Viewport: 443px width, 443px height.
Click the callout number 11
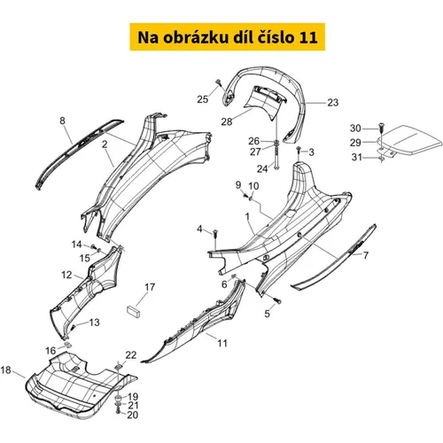(x=222, y=343)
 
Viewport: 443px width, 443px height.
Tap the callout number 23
(x=333, y=103)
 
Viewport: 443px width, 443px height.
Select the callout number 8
(x=62, y=120)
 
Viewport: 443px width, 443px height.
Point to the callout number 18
(x=5, y=369)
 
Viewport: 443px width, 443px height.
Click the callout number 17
(x=150, y=287)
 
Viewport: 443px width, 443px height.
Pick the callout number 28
(x=227, y=121)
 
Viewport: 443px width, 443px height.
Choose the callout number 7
(x=366, y=255)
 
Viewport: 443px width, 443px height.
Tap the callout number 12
(x=66, y=275)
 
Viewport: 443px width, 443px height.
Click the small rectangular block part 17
(x=133, y=311)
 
